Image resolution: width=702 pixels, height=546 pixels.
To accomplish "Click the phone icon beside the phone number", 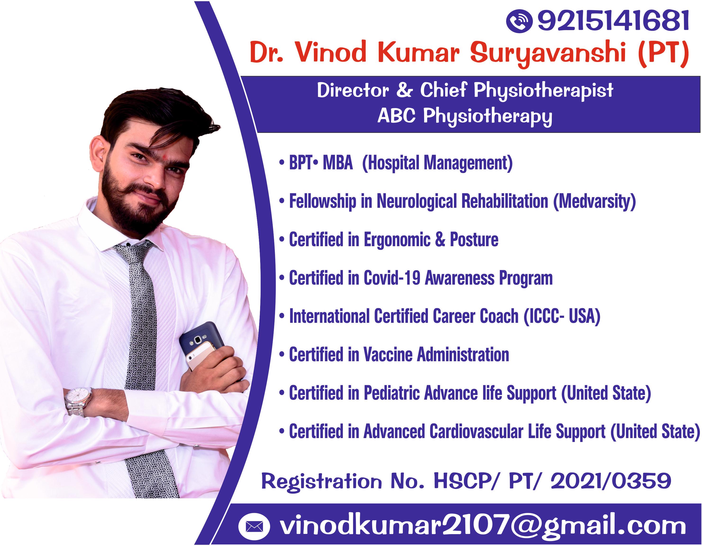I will [519, 21].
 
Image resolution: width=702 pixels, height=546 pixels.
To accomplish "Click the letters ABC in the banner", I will [396, 116].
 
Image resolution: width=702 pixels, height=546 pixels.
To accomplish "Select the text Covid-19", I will [392, 278].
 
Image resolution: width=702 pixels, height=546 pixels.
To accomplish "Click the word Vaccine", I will [388, 355].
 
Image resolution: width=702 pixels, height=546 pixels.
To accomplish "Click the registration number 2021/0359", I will [611, 482].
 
